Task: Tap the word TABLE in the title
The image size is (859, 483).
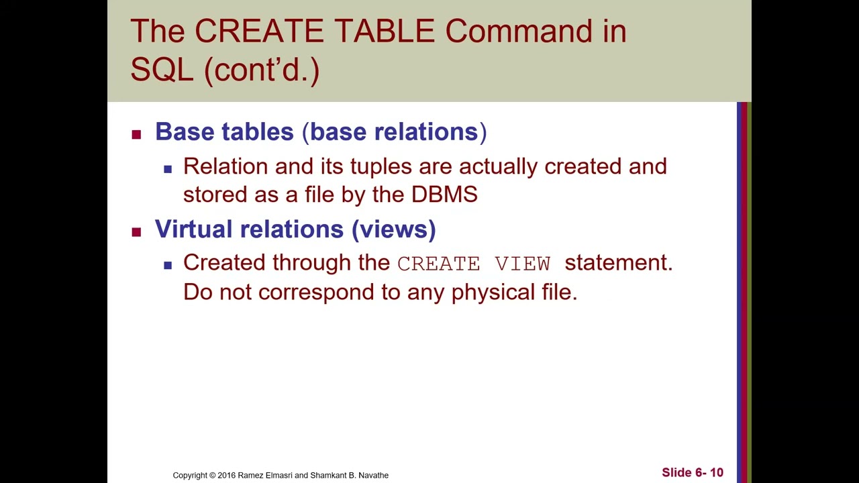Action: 385,32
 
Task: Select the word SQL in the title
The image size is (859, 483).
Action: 162,69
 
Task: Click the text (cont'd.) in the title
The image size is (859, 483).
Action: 262,69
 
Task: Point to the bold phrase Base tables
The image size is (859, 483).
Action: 224,132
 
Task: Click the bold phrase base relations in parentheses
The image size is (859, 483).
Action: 394,132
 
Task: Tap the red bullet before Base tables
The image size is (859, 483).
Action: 137,134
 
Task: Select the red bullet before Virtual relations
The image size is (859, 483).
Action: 137,232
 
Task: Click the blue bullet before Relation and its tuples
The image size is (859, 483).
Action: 168,169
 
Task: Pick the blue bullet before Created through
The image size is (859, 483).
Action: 168,265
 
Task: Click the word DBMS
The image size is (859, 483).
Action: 444,195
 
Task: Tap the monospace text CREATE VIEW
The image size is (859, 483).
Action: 474,264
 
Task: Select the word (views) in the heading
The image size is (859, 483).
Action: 394,229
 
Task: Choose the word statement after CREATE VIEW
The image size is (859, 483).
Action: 618,263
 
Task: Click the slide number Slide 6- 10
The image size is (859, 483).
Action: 692,473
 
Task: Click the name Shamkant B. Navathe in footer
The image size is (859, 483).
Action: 349,476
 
